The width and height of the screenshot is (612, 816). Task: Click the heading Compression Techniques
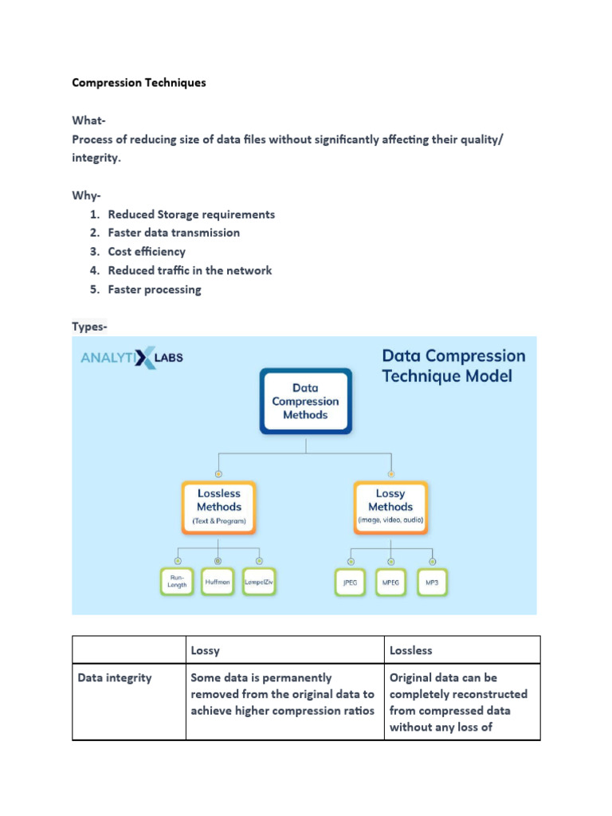[139, 82]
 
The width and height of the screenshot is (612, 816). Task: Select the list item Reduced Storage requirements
[191, 214]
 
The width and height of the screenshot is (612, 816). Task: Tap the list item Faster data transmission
[174, 233]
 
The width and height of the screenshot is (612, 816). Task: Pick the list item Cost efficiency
[147, 252]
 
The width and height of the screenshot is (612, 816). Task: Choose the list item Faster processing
[155, 289]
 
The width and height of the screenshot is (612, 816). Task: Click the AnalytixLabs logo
[131, 358]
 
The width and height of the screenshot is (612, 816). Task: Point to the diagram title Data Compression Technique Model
[453, 366]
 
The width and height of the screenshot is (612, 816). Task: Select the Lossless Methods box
[219, 507]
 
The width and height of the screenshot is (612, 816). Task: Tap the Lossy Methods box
[390, 507]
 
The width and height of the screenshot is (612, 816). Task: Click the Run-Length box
[176, 583]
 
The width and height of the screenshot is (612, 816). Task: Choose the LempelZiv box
[261, 583]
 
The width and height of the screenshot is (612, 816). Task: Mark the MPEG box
[390, 583]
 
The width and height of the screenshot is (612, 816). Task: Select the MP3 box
[432, 583]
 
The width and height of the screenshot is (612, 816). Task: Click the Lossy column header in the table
[206, 650]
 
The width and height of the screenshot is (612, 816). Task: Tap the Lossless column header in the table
[411, 650]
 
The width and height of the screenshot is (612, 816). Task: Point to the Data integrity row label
[115, 678]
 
